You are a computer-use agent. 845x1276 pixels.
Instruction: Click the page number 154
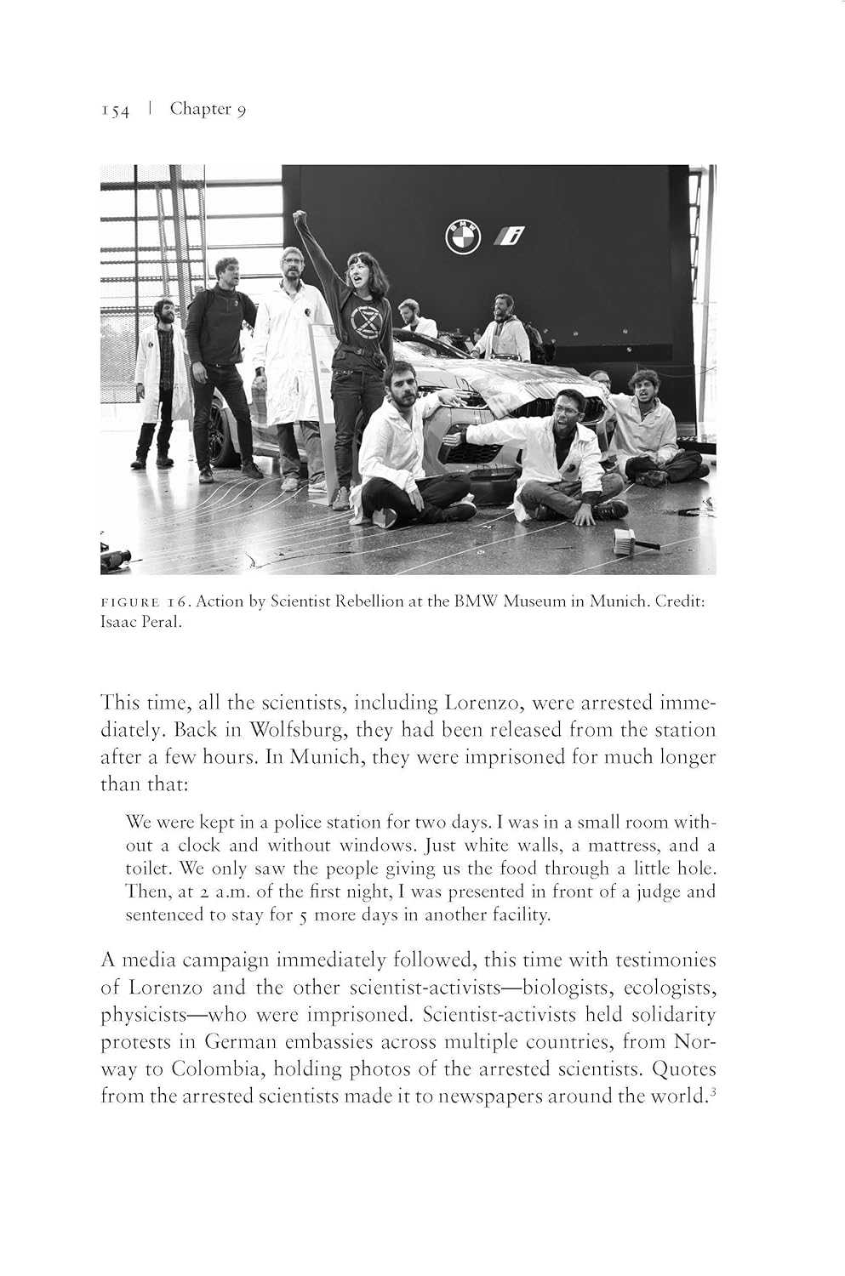pyautogui.click(x=115, y=111)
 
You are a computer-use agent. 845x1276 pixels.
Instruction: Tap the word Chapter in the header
pyautogui.click(x=201, y=109)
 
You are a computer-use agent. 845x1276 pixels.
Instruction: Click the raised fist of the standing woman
pyautogui.click(x=300, y=218)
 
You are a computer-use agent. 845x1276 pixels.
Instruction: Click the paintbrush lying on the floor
pyautogui.click(x=636, y=540)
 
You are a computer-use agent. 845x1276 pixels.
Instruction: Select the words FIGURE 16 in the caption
pyautogui.click(x=143, y=602)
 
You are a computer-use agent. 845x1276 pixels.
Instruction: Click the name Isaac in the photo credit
pyautogui.click(x=119, y=622)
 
